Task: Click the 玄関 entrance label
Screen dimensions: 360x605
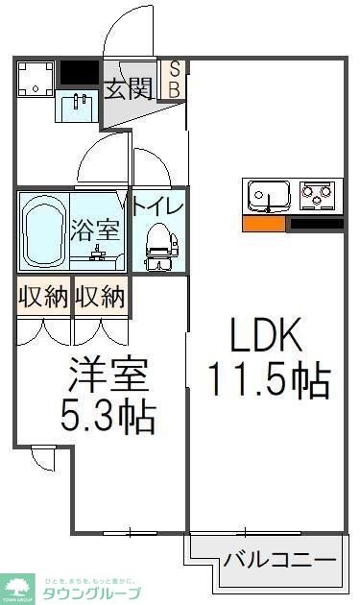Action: (x=129, y=89)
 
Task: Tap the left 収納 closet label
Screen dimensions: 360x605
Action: (x=43, y=298)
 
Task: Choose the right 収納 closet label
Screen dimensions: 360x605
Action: (x=100, y=298)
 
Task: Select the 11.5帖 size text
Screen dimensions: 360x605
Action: (x=270, y=381)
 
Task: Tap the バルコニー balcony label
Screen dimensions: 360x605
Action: (x=279, y=559)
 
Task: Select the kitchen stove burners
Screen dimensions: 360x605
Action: (x=314, y=196)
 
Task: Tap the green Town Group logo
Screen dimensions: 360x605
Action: (x=17, y=585)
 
